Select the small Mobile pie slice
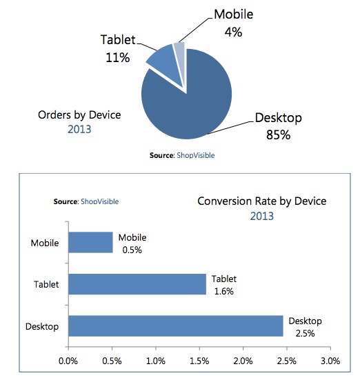(179, 51)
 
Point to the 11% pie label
(117, 58)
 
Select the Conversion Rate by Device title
(261, 201)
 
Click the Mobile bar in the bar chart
(90, 243)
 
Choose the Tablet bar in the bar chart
(137, 284)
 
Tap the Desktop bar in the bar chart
(176, 326)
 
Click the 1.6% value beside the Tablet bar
(223, 291)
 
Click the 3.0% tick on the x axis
(330, 360)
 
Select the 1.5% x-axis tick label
(199, 360)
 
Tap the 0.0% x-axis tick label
(68, 360)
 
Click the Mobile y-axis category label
(45, 243)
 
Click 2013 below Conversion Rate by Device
(261, 216)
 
